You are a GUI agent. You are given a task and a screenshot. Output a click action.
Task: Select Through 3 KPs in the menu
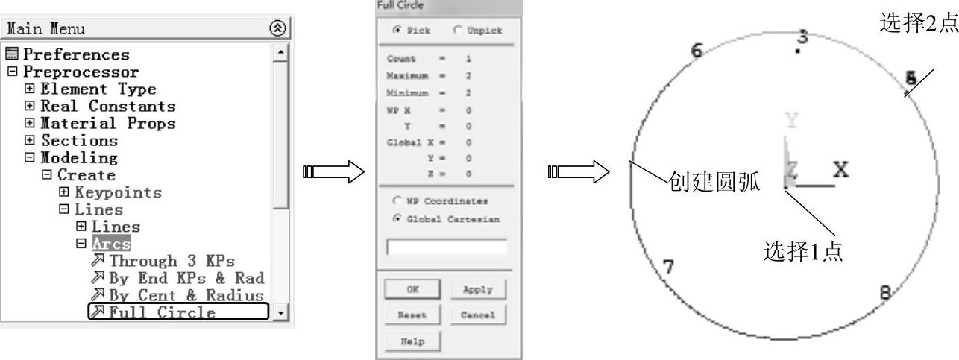click(x=172, y=261)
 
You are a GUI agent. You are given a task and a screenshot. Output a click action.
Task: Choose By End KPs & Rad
click(x=186, y=278)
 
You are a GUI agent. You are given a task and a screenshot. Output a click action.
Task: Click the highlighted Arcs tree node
click(x=112, y=244)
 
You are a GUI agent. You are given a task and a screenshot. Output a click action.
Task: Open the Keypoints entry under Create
click(x=118, y=192)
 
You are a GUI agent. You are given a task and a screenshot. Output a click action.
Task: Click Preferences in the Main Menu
click(x=76, y=54)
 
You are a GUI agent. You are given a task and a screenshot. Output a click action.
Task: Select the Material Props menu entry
click(x=108, y=124)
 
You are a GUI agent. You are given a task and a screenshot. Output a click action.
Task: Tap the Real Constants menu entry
click(x=108, y=107)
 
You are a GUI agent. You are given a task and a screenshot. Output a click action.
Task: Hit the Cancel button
click(x=477, y=315)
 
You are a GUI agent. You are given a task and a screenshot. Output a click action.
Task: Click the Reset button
click(x=412, y=315)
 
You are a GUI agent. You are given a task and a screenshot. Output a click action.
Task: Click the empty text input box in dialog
click(x=446, y=247)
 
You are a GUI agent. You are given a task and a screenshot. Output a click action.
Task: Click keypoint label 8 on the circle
click(x=885, y=292)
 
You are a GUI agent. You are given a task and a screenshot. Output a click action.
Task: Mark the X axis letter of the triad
click(x=841, y=170)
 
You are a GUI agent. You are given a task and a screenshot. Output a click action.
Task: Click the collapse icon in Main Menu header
click(x=278, y=28)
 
